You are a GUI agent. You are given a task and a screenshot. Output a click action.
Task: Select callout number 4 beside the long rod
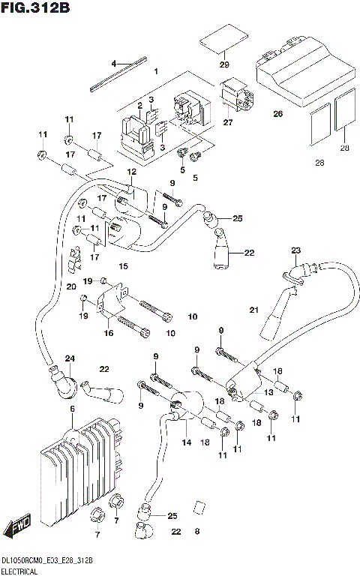coord(114,64)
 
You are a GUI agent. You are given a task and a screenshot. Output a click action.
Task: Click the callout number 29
coord(223,65)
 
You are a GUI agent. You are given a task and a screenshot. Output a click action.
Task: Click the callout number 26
coord(277,114)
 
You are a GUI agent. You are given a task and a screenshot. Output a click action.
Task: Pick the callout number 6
coord(73,409)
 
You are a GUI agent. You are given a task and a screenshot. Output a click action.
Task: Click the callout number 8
coord(196,532)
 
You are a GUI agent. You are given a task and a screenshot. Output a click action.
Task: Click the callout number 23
coord(295,250)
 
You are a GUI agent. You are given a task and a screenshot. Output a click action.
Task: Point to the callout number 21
coord(253,310)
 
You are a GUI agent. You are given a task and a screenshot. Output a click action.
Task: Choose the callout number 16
coord(109,332)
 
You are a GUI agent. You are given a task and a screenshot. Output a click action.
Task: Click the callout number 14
coord(186,442)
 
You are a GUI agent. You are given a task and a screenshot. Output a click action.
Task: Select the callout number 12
coord(131,172)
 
